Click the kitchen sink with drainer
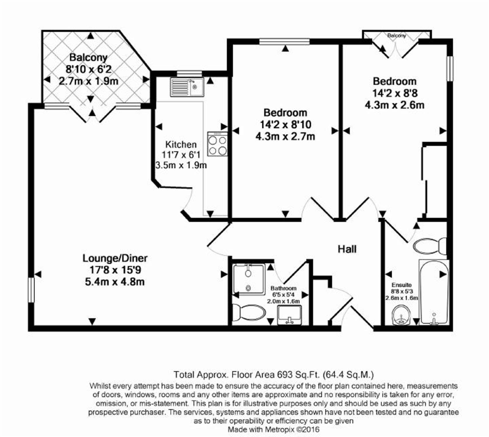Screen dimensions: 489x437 pos(187,87)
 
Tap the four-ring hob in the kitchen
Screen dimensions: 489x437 pos(218,144)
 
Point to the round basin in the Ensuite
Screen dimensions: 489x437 pos(402,315)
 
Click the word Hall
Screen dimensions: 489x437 pos(347,249)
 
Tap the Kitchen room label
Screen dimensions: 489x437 pos(181,144)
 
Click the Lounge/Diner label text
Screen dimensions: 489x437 pos(115,258)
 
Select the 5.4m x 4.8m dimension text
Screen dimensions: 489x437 pos(115,282)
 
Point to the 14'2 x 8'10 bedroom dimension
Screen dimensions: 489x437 pos(285,124)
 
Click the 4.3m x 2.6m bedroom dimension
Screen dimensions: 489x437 pos(395,105)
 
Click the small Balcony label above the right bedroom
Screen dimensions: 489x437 pos(397,36)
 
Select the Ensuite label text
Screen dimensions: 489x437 pos(402,285)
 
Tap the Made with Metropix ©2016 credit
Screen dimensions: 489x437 pos(274,429)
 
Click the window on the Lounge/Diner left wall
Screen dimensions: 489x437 pos(31,290)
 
